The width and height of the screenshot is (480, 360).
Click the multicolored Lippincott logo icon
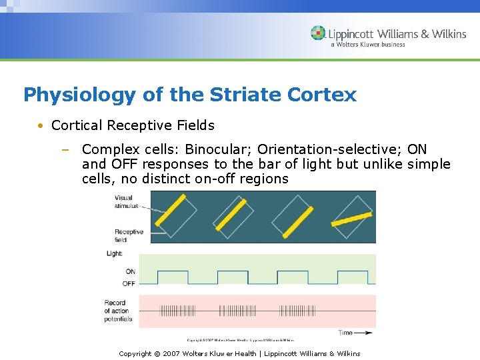[318, 33]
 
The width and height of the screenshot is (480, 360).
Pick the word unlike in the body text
[383, 164]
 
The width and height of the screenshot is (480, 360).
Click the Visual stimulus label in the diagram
[125, 202]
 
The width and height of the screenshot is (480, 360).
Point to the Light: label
[114, 254]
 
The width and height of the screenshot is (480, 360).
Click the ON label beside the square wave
[130, 271]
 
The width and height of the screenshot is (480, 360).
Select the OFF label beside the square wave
[129, 283]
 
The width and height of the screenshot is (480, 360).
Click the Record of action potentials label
[118, 311]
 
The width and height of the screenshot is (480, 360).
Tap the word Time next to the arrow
[345, 332]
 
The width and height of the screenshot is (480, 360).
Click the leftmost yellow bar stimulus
[174, 213]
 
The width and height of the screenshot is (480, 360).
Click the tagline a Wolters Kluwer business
[367, 45]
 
